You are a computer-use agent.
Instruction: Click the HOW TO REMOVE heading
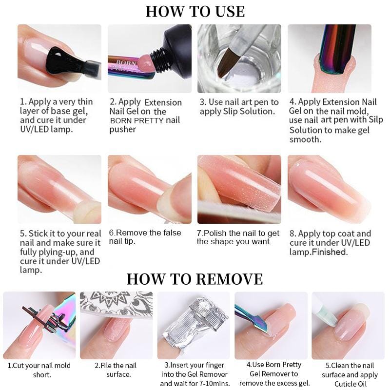pos(195,279)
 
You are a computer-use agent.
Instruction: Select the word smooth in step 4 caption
pos(305,139)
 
